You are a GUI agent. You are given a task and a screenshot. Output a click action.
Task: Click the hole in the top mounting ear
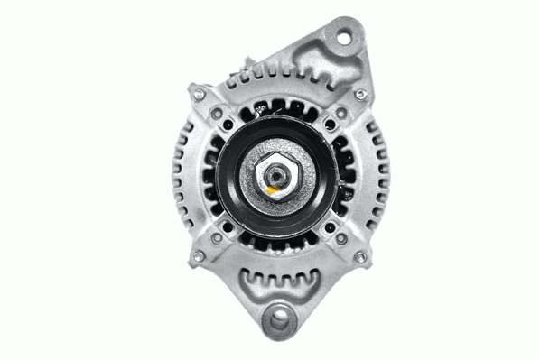(x=343, y=35)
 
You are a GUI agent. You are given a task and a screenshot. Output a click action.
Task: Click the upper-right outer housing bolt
(x=361, y=94)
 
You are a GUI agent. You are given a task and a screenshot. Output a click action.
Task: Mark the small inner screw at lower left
(x=217, y=237)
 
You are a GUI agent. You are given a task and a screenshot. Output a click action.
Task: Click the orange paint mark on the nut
(x=273, y=191)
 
